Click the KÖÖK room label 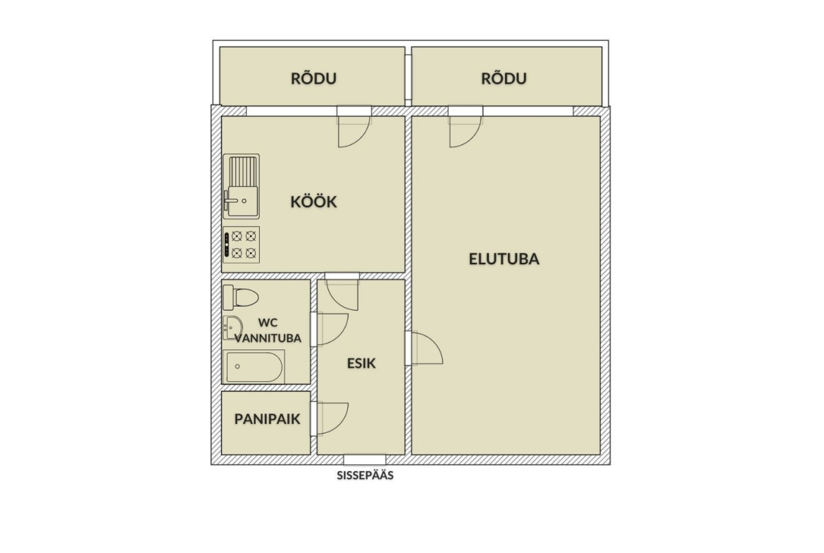[x=313, y=201]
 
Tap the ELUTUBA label [x=504, y=259]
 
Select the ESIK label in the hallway [x=361, y=364]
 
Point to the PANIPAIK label [x=268, y=419]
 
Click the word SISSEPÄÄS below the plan [x=366, y=476]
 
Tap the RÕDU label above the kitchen [x=313, y=78]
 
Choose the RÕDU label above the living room [x=504, y=78]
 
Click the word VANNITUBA [x=268, y=338]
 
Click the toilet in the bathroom [x=241, y=297]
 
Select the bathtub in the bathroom [x=254, y=366]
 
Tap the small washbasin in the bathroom [x=232, y=328]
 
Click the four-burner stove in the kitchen [x=241, y=244]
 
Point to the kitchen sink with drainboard [x=241, y=186]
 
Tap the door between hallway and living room [x=424, y=348]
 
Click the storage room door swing [x=330, y=418]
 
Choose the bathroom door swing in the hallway [x=330, y=330]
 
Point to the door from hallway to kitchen [x=342, y=292]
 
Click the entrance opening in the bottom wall [x=365, y=459]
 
